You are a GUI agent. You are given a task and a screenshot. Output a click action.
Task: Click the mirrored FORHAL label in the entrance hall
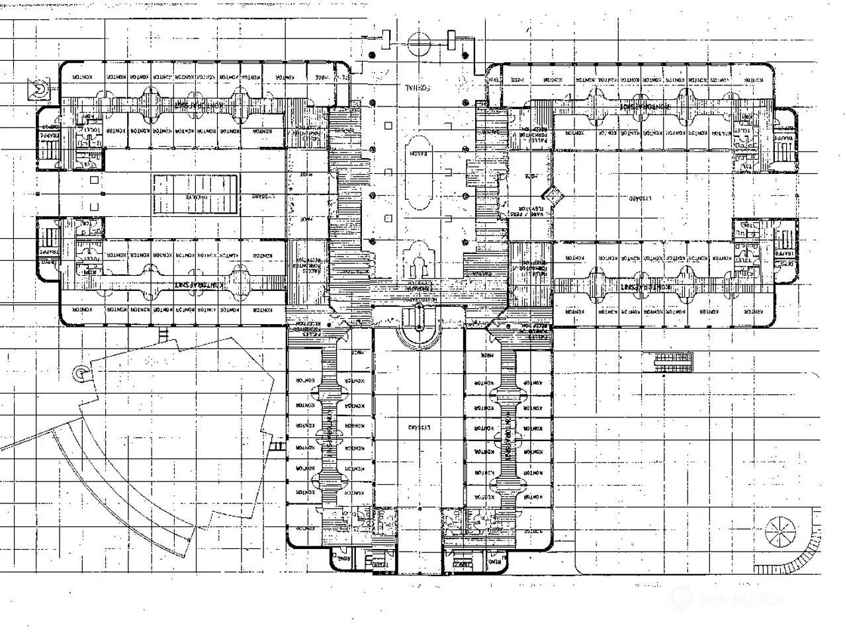point(418,87)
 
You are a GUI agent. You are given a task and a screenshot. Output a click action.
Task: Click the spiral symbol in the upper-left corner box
point(38,88)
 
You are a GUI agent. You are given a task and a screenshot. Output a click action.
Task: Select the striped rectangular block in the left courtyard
point(196,196)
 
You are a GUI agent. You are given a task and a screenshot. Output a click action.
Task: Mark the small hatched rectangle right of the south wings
point(673,360)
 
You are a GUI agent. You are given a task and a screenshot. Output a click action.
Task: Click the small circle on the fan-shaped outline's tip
point(80,373)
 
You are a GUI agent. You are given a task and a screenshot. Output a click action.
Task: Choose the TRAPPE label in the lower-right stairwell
point(785,253)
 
